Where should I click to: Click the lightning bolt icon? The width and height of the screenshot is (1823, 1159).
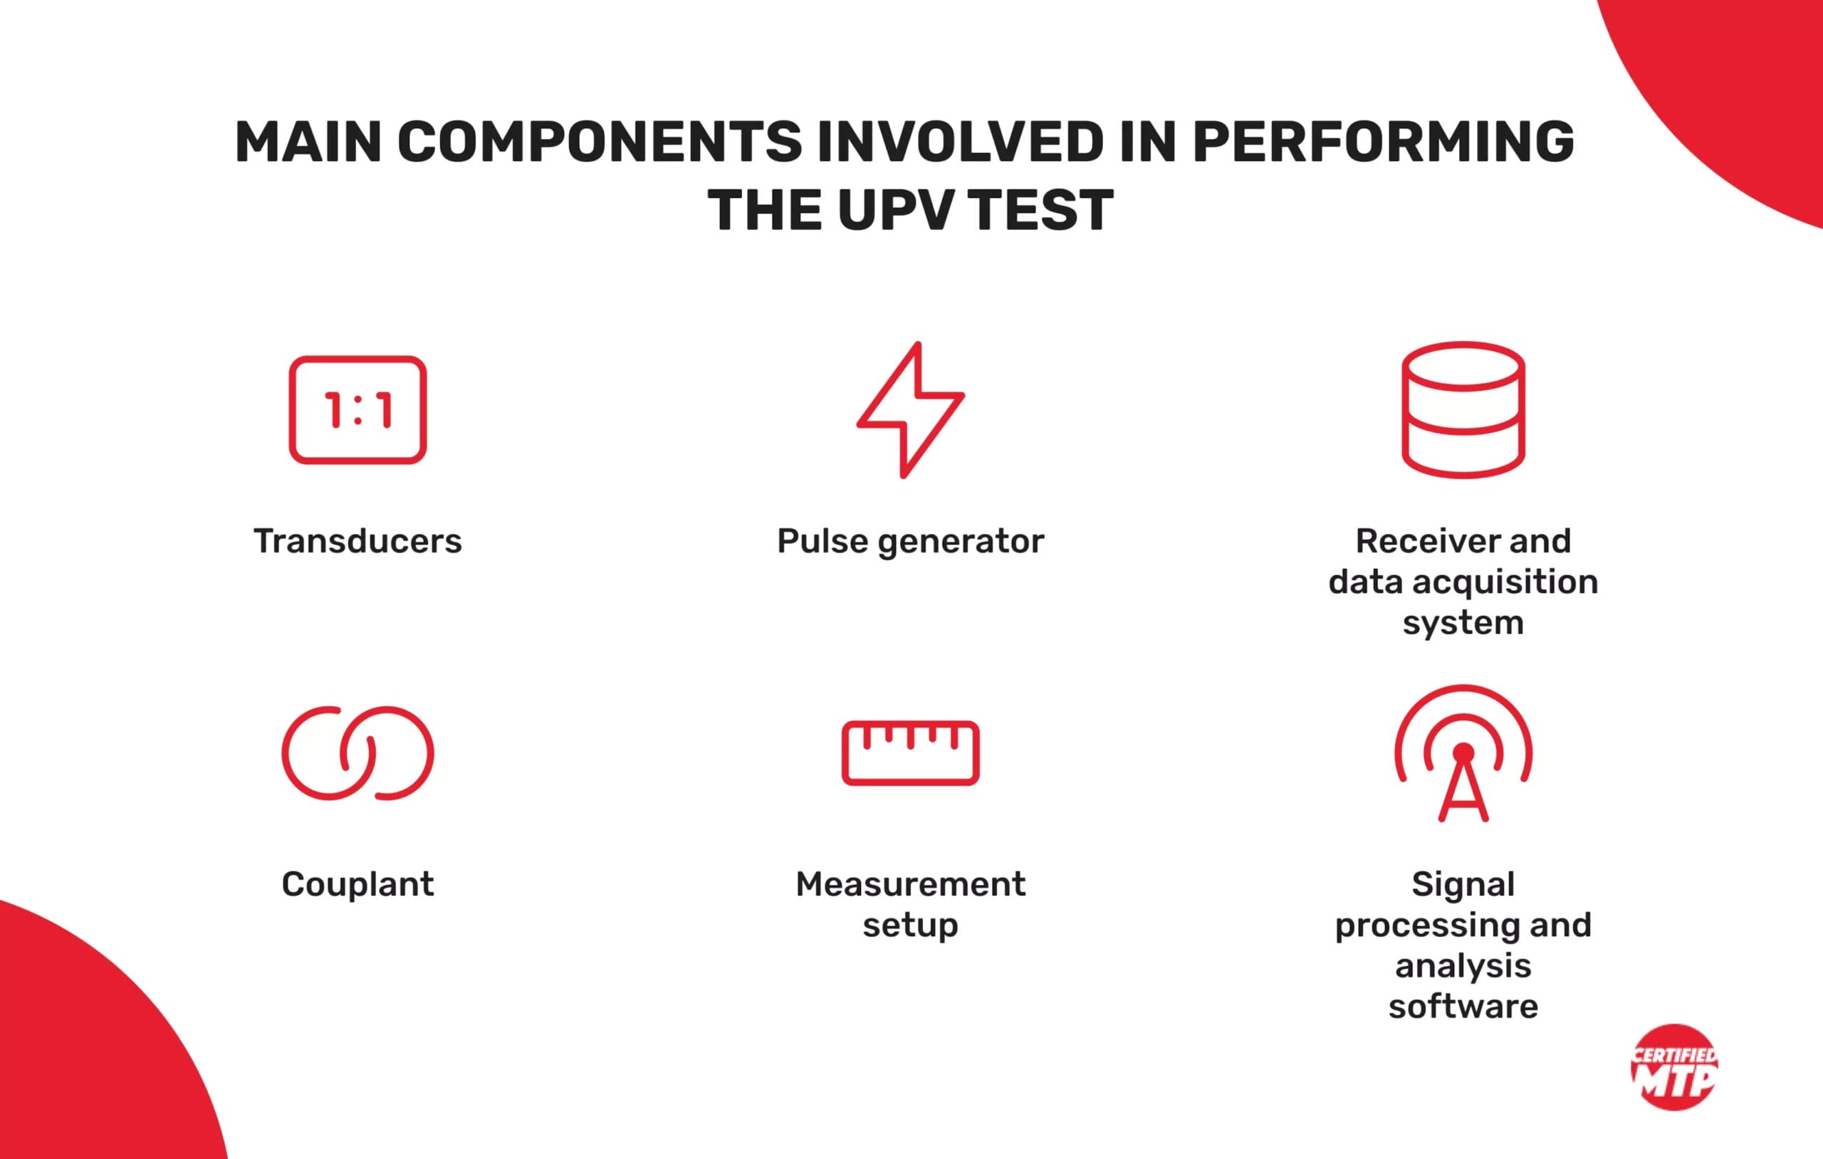point(910,409)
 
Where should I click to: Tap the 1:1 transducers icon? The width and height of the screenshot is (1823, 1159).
point(357,409)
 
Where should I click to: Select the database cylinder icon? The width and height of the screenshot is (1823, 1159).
point(1463,409)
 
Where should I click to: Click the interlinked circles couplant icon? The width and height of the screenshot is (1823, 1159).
point(357,752)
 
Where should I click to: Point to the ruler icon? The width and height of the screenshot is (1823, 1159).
point(910,752)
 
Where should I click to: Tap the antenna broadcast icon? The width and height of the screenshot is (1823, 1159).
point(1463,752)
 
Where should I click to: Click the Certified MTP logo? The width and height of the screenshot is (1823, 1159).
point(1675,1066)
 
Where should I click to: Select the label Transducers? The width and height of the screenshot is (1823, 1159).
point(357,541)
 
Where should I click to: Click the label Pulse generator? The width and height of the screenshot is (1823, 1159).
point(910,541)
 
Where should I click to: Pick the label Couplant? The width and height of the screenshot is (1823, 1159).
point(357,884)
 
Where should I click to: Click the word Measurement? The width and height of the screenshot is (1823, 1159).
point(910,884)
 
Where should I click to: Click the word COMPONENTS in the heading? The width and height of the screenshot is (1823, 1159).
point(599,142)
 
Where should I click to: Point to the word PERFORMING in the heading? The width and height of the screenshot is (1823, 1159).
point(1383,142)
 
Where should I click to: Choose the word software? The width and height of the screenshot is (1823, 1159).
point(1463,1007)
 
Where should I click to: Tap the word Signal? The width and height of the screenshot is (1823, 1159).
point(1463,884)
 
